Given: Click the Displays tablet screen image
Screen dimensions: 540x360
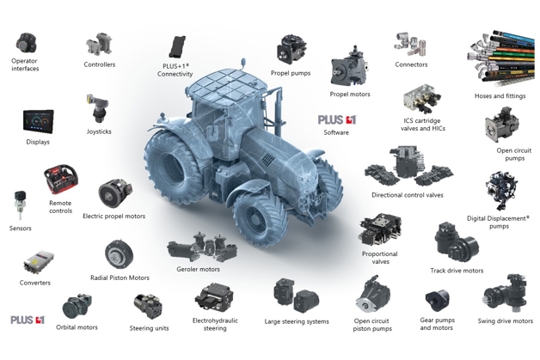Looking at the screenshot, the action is (38, 121).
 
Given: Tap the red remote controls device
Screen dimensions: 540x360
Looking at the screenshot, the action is (61, 180).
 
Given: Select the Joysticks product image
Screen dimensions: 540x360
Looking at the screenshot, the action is (98, 108).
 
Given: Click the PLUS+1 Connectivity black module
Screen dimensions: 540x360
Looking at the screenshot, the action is (177, 46).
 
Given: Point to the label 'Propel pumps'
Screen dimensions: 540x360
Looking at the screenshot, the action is (291, 73).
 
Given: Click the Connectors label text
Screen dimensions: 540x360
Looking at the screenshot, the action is (411, 64).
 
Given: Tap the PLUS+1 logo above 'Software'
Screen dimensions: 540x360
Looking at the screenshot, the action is (337, 119).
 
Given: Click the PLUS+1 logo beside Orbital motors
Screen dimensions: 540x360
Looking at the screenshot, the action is (28, 320).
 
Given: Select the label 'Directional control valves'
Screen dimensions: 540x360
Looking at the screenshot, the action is (407, 195).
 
